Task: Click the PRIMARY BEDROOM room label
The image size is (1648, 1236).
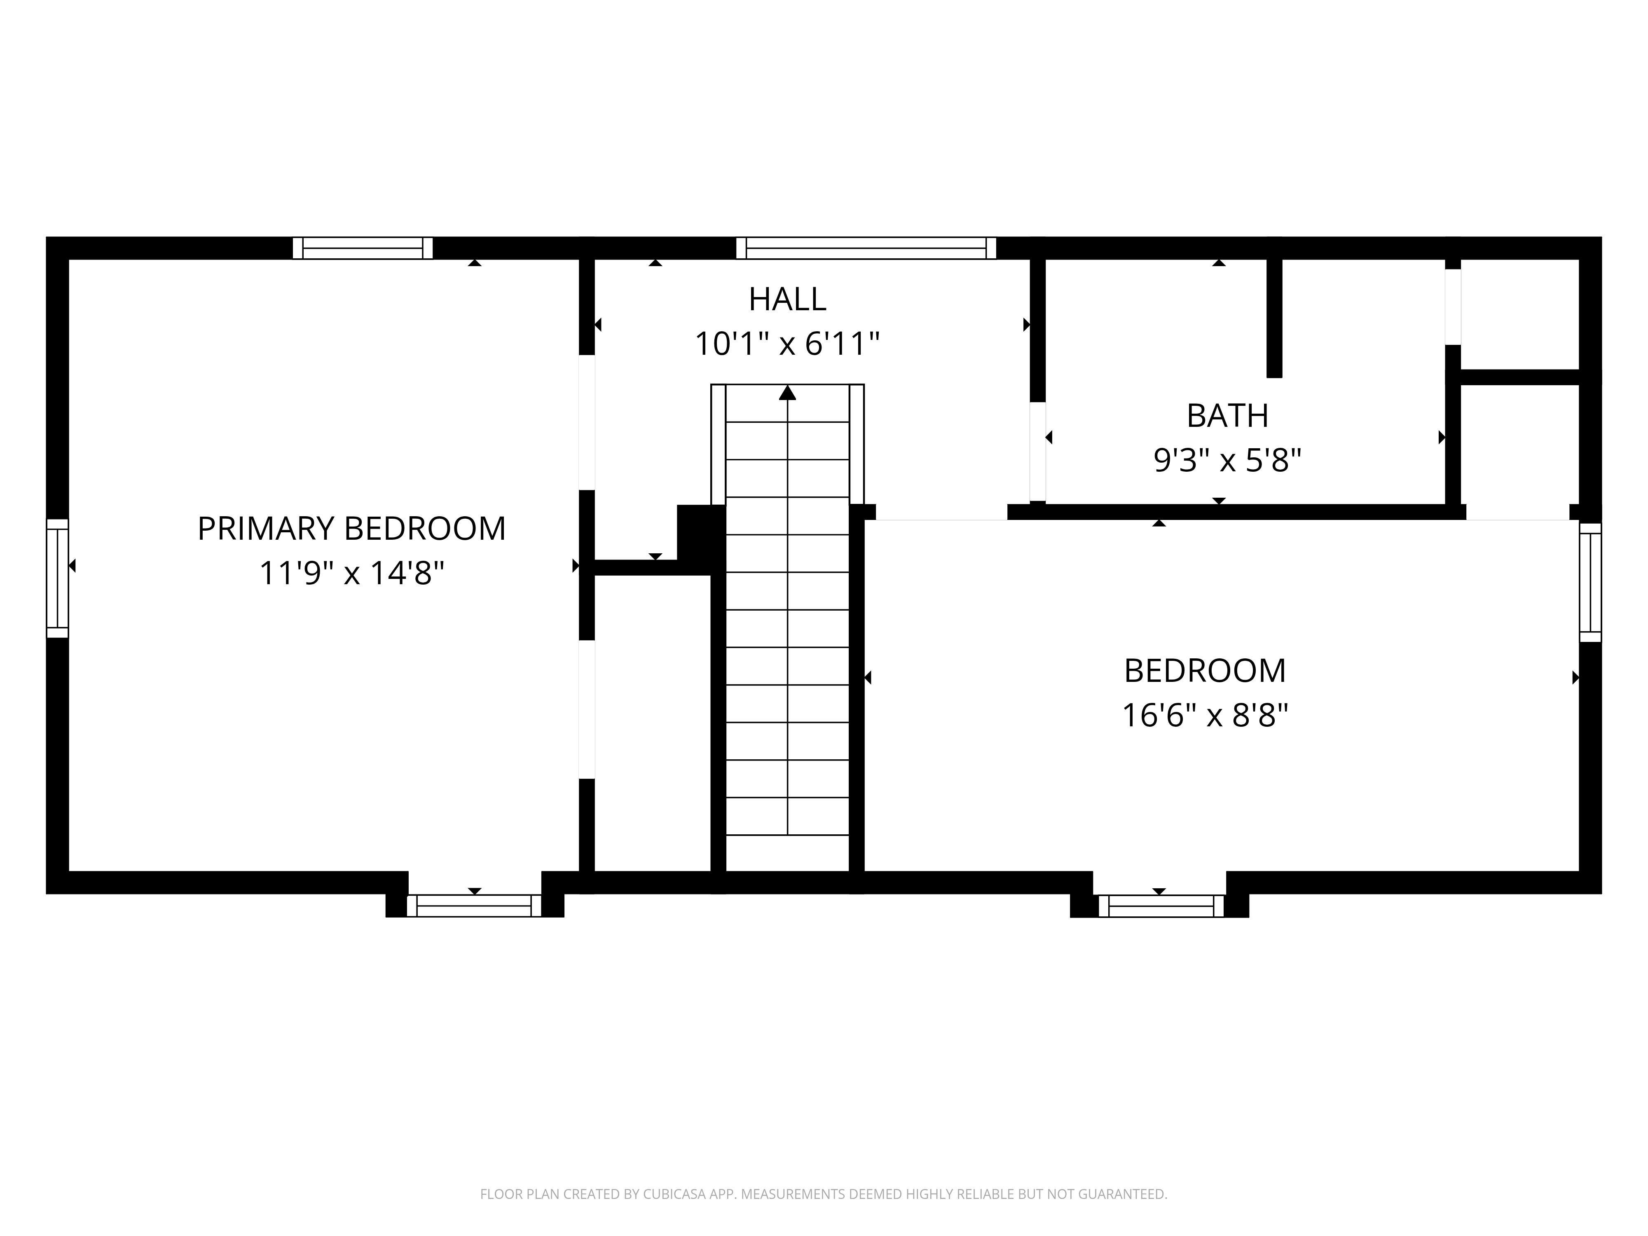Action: click(x=352, y=528)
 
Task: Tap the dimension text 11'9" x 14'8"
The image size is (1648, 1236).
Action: click(x=352, y=574)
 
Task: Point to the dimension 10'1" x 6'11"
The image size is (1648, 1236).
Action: click(x=787, y=344)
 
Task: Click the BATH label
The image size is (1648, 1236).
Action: click(x=1227, y=416)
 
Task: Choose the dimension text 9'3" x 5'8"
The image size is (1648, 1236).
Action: click(x=1227, y=461)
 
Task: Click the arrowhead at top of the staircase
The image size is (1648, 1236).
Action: click(x=787, y=393)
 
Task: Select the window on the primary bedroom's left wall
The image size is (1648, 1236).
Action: click(x=57, y=578)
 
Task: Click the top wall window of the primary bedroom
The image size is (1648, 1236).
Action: click(x=363, y=248)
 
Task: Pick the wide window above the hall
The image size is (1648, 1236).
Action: click(x=866, y=248)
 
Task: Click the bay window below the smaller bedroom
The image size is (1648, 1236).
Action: click(x=1160, y=905)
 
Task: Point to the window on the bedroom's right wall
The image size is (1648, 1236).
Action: click(x=1591, y=582)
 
